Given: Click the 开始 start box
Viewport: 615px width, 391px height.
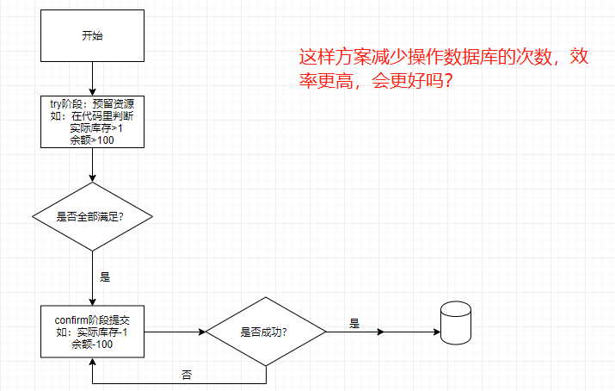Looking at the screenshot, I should [x=92, y=36].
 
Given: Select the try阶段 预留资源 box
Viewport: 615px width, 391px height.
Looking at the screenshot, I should [x=92, y=121].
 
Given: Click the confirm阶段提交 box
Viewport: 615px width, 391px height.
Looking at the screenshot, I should [x=92, y=332].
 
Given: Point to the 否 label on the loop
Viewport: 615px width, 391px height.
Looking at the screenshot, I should [x=187, y=375].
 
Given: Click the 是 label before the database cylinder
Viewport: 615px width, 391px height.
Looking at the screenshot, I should [x=354, y=324].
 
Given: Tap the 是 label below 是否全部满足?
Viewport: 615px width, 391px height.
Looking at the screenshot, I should [x=105, y=277].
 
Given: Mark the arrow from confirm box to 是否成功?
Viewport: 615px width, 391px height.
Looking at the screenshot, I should [x=172, y=332].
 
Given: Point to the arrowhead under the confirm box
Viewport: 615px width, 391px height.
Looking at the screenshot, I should [x=91, y=363].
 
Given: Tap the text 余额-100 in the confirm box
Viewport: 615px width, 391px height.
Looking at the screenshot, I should [x=91, y=344].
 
